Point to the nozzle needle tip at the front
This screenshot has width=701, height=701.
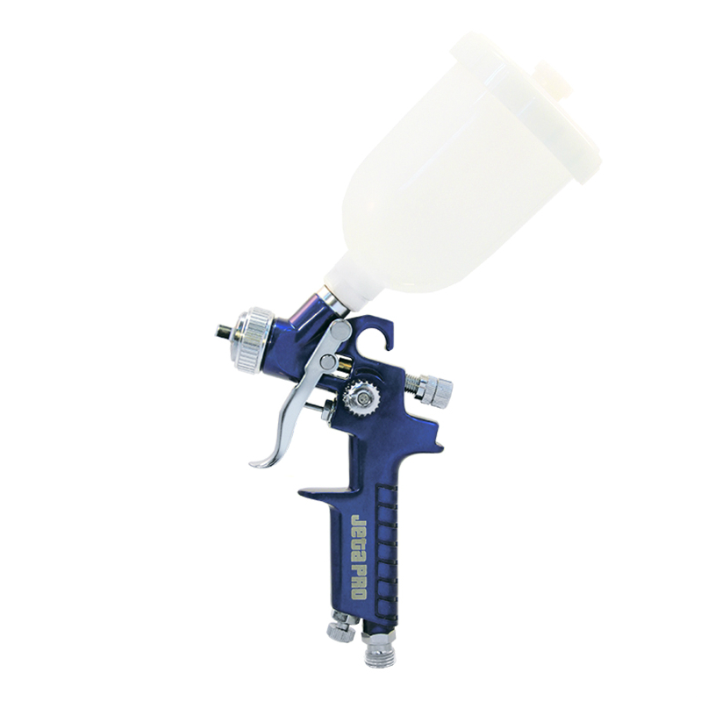219,331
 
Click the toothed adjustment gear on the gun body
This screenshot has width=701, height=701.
360,399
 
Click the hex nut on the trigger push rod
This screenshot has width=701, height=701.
326,410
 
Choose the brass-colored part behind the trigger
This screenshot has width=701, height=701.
344,365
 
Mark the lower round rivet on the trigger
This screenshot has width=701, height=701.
326,361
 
